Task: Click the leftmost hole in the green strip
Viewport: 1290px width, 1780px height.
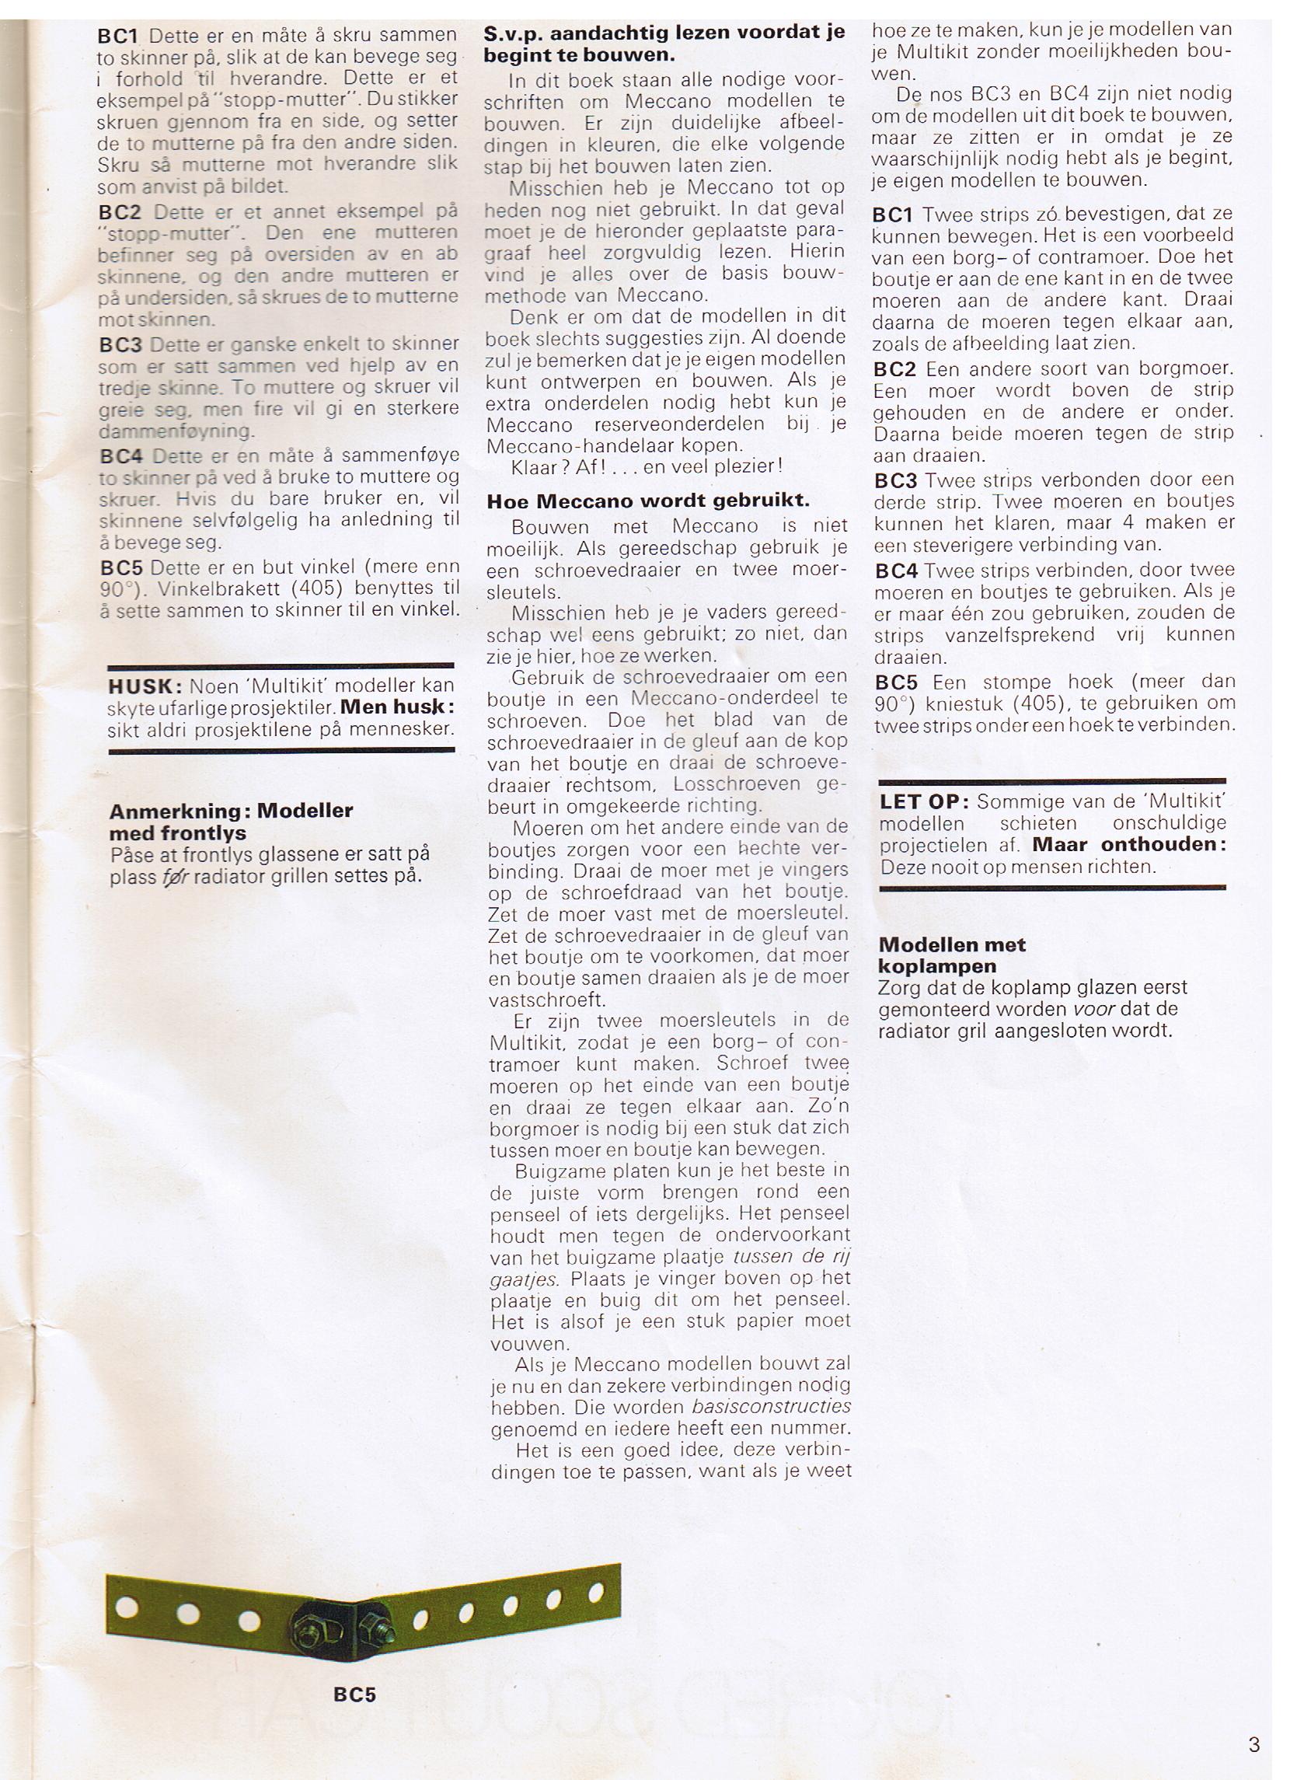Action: (127, 1608)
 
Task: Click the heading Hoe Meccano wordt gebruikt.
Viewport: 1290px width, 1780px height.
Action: (647, 501)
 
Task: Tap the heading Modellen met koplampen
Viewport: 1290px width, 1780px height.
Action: (951, 955)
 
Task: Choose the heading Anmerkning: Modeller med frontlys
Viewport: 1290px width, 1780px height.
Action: (232, 822)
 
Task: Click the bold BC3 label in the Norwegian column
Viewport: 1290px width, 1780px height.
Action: (122, 345)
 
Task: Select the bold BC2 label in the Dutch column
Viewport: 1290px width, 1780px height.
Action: (895, 369)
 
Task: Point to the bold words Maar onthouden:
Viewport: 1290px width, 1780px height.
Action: (1128, 844)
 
